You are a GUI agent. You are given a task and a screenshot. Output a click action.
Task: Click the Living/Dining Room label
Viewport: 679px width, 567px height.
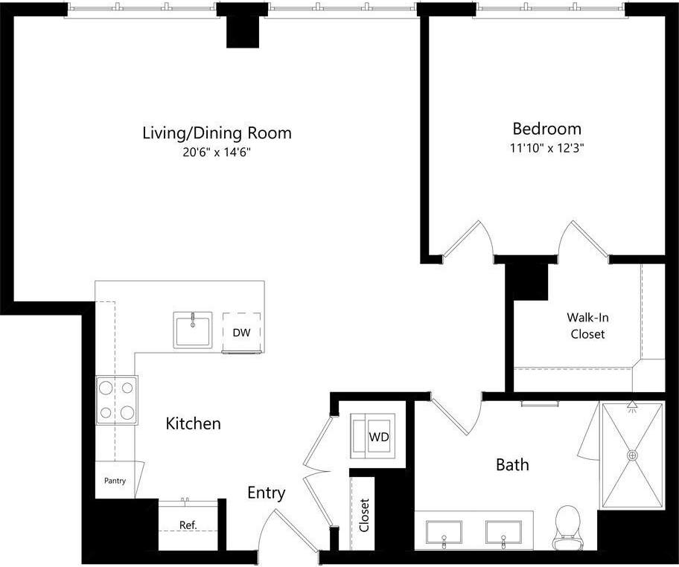(217, 133)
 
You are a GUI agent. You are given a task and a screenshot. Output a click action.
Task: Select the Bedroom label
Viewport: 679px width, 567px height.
(546, 128)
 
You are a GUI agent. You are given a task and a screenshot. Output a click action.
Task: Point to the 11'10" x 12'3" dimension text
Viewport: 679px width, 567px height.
(546, 147)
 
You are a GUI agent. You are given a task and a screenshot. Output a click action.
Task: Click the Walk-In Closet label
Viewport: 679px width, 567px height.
(587, 325)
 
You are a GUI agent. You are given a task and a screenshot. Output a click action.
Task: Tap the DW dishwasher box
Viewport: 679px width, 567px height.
(241, 332)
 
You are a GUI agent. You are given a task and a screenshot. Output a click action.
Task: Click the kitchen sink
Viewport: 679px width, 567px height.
(193, 330)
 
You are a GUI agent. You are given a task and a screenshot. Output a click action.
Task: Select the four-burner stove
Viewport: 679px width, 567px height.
(116, 400)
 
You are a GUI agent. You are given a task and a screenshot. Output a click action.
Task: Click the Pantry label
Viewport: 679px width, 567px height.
(115, 481)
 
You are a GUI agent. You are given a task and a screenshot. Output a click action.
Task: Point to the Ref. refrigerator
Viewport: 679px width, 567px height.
(188, 525)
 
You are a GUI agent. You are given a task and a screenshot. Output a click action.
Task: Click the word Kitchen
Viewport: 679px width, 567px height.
(193, 423)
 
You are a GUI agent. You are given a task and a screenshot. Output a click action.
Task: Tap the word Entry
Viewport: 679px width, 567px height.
(266, 493)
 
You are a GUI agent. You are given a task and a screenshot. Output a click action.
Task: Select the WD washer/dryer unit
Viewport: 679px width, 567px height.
(378, 436)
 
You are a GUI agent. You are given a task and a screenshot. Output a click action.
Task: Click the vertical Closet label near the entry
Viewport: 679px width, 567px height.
(364, 515)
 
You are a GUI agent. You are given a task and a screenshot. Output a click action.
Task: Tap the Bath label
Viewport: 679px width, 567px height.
(512, 465)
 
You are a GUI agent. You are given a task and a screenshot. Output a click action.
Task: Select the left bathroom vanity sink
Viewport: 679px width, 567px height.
(443, 534)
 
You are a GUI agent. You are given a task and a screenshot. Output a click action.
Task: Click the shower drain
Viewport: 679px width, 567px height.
(633, 455)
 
